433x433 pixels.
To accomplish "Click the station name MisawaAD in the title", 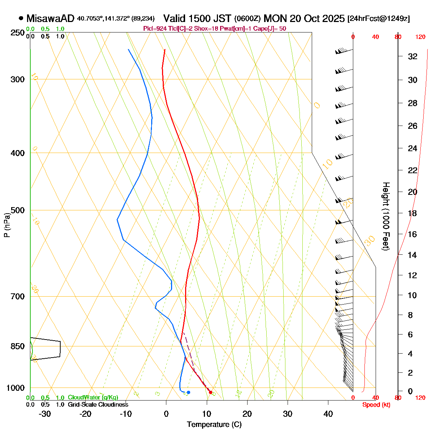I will coord(50,18).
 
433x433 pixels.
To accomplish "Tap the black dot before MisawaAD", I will coord(21,18).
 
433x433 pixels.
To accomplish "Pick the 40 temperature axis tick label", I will coord(328,414).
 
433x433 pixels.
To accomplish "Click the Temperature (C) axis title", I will coord(214,424).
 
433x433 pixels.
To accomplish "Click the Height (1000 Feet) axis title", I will coord(386,216).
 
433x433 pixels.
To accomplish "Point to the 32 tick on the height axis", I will coord(412,56).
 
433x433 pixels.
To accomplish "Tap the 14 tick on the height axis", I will coord(412,255).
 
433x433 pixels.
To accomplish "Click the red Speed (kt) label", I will coord(376,405).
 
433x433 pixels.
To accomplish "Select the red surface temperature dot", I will coord(211,392).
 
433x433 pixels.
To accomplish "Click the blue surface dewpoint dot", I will coord(188,392).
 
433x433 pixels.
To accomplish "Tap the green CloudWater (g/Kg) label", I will coord(93,397).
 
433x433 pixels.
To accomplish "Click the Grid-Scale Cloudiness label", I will coord(98,404).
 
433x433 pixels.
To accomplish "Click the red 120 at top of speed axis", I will coord(420,37).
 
